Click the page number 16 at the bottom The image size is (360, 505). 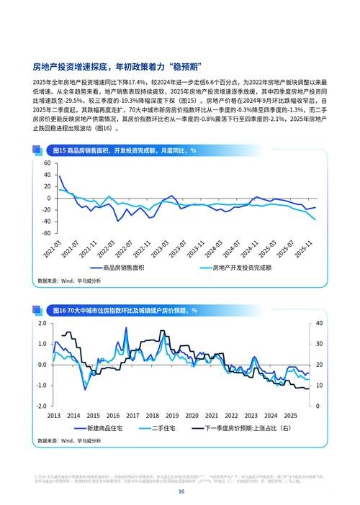tap(181, 491)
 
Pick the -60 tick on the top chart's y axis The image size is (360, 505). tap(45, 233)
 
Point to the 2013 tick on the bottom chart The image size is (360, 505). tap(53, 416)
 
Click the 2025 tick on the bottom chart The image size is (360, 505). tap(290, 416)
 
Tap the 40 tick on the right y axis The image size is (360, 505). tap(321, 323)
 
